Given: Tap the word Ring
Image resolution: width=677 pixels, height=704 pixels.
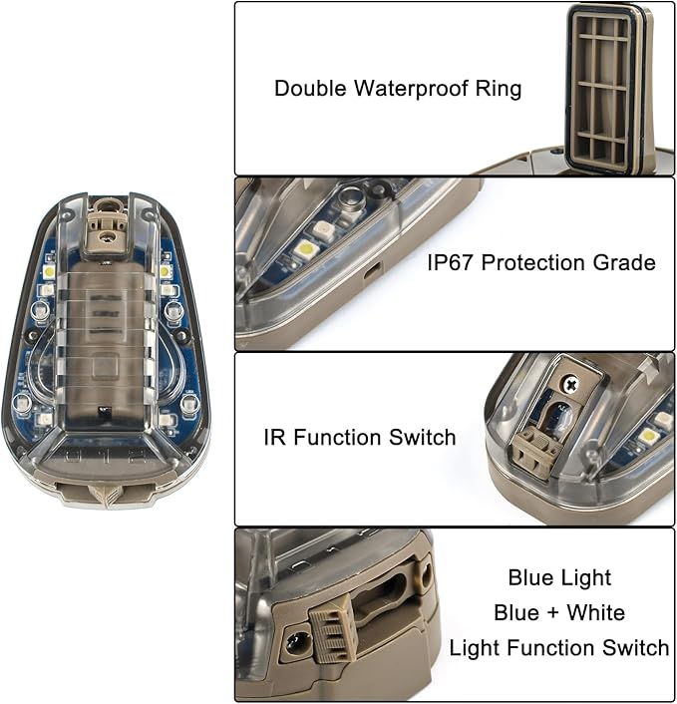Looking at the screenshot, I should (x=499, y=89).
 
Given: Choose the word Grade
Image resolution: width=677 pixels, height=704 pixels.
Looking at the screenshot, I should (x=626, y=263).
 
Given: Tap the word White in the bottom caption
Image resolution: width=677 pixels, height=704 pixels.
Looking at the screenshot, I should (x=594, y=613).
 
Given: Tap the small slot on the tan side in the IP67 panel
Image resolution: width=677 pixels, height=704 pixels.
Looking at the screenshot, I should (x=371, y=270).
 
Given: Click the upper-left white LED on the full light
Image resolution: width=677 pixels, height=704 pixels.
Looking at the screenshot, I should (x=49, y=271).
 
